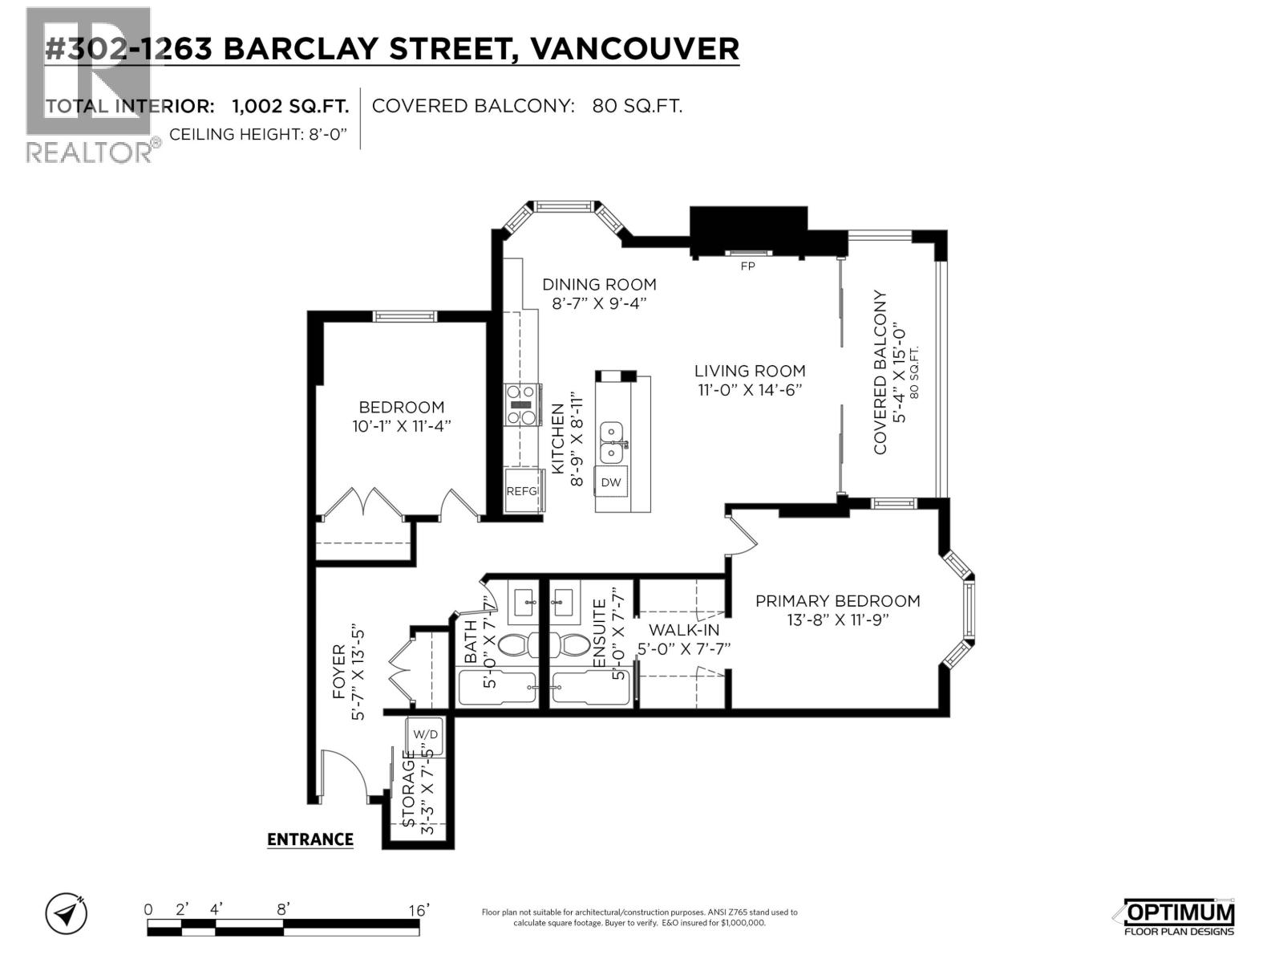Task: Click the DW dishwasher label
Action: (x=611, y=482)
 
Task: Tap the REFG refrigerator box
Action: (x=523, y=491)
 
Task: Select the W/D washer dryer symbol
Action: (x=425, y=734)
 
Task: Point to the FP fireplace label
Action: (x=747, y=266)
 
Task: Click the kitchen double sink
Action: (x=612, y=442)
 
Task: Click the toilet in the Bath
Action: (x=514, y=644)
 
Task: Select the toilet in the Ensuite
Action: (x=571, y=644)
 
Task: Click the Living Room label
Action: (x=750, y=371)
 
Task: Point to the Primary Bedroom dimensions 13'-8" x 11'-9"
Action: (x=838, y=620)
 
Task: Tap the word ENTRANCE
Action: (x=310, y=839)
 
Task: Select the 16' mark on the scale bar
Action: (x=417, y=910)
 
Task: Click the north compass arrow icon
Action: (x=67, y=913)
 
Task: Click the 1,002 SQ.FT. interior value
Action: (x=290, y=106)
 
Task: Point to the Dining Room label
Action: (x=599, y=284)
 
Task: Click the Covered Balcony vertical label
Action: (x=880, y=372)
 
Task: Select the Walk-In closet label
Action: (x=684, y=630)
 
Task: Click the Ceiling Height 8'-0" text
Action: (x=258, y=134)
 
